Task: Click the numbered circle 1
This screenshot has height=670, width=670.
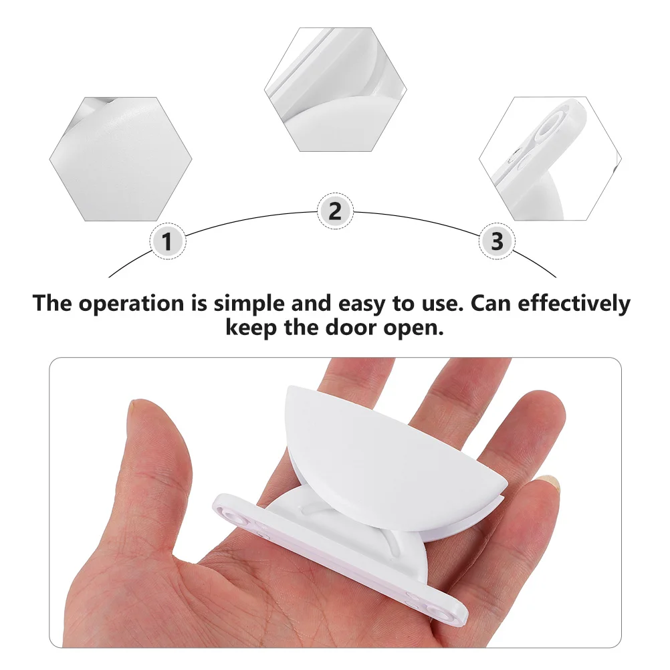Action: [167, 241]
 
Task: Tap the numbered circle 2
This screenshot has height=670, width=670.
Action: [334, 211]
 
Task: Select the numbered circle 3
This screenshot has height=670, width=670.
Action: [497, 241]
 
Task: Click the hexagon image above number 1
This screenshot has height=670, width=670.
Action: [121, 158]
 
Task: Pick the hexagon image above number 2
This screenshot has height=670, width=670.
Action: [335, 88]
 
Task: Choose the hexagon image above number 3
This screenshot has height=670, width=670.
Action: [550, 158]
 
